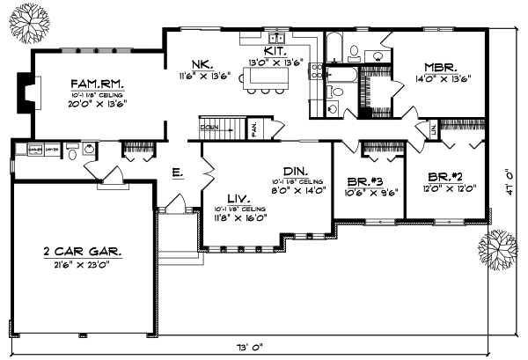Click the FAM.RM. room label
click(98, 84)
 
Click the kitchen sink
click(276, 39)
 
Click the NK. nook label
click(200, 62)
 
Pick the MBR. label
click(437, 66)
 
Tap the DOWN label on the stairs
click(209, 127)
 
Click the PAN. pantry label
click(253, 129)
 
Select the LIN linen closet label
click(432, 130)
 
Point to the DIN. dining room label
click(293, 172)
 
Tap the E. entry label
click(177, 174)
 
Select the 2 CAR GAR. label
click(84, 252)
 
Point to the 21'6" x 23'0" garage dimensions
click(84, 264)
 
